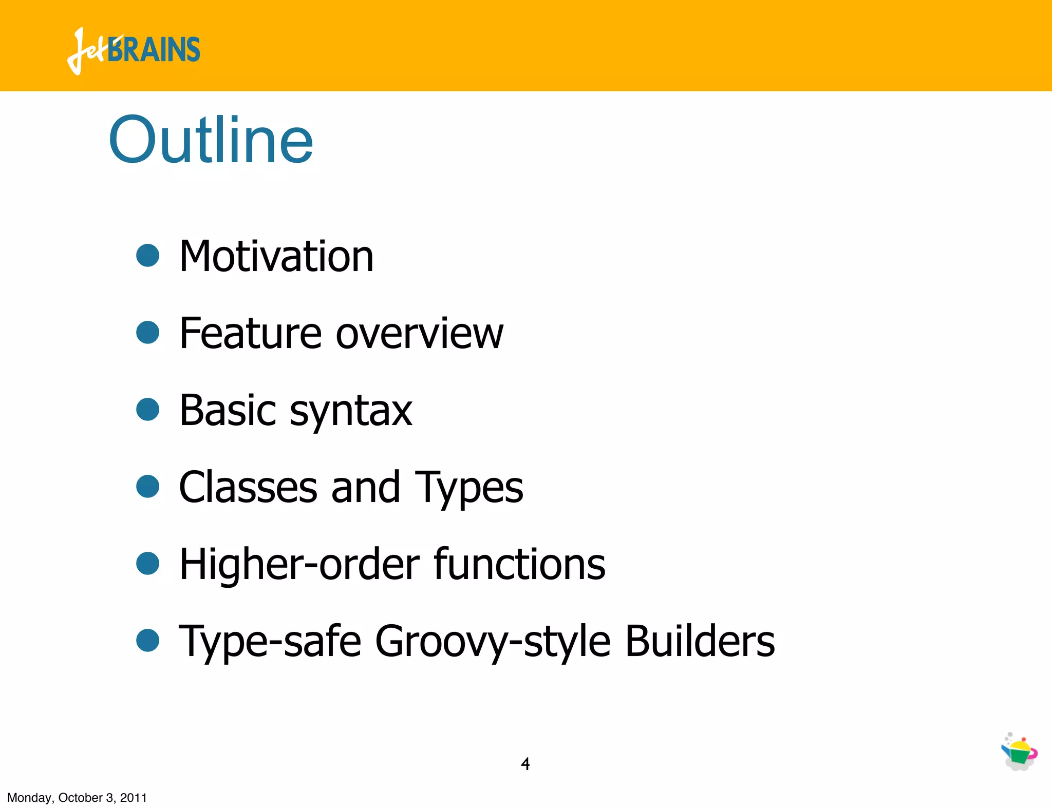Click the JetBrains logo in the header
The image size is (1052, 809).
pos(134,50)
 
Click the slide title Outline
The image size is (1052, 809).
pos(211,140)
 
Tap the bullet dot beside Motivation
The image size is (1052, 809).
pos(148,255)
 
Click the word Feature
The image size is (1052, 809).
pos(250,333)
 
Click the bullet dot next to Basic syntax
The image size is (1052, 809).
pos(148,409)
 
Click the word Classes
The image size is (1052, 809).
pos(248,487)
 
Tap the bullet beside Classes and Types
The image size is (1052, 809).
pos(148,486)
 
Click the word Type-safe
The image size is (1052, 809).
pos(270,642)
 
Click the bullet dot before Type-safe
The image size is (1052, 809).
pos(148,640)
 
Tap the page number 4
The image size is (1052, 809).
pos(525,764)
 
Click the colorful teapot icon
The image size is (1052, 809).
pos(1019,752)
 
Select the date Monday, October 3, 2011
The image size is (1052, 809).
pos(77,798)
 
